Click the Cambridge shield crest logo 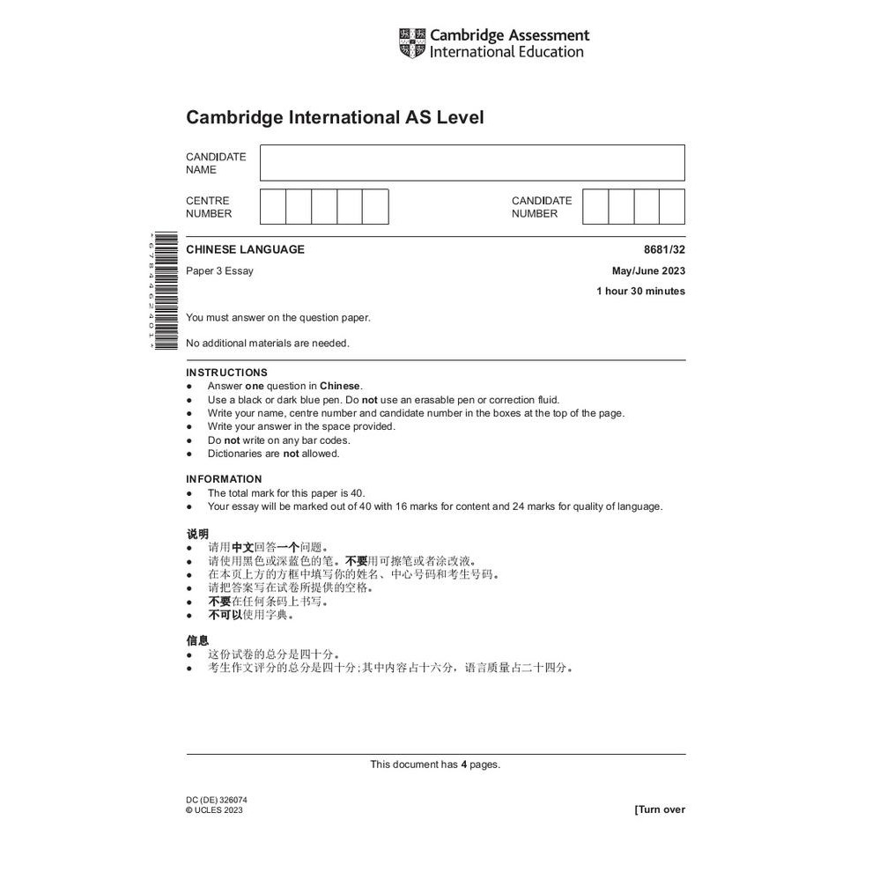click(412, 43)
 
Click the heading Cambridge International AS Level click(335, 117)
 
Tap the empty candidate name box click(472, 163)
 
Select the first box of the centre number click(273, 207)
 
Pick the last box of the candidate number click(672, 207)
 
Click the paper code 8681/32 click(664, 249)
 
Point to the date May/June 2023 click(648, 271)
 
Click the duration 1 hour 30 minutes click(640, 292)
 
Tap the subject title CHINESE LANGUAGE click(245, 249)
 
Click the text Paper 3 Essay click(219, 271)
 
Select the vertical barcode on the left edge click(164, 291)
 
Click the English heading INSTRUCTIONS click(226, 373)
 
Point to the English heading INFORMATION click(224, 479)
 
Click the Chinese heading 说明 click(197, 534)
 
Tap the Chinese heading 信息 click(197, 640)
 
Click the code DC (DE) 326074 click(216, 800)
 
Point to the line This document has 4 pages click(435, 765)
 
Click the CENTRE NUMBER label click(209, 207)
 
